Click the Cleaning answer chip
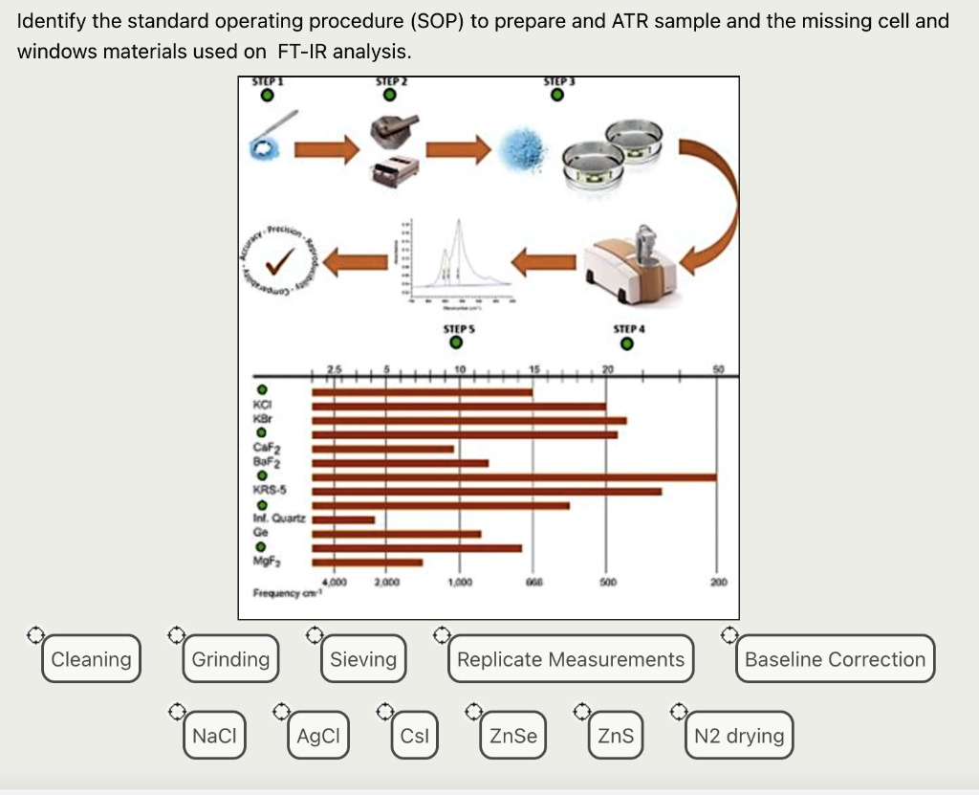pyautogui.click(x=91, y=659)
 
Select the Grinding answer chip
pyautogui.click(x=230, y=659)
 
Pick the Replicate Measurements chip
pyautogui.click(x=571, y=659)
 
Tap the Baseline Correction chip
pyautogui.click(x=835, y=659)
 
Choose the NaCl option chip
pyautogui.click(x=213, y=736)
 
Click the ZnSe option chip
pyautogui.click(x=513, y=736)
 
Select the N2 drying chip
pyautogui.click(x=739, y=736)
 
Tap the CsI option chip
pyautogui.click(x=415, y=736)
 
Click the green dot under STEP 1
pyautogui.click(x=269, y=96)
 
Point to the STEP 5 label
pyautogui.click(x=458, y=328)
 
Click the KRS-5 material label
pyautogui.click(x=271, y=490)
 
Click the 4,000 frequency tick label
pyautogui.click(x=336, y=582)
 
